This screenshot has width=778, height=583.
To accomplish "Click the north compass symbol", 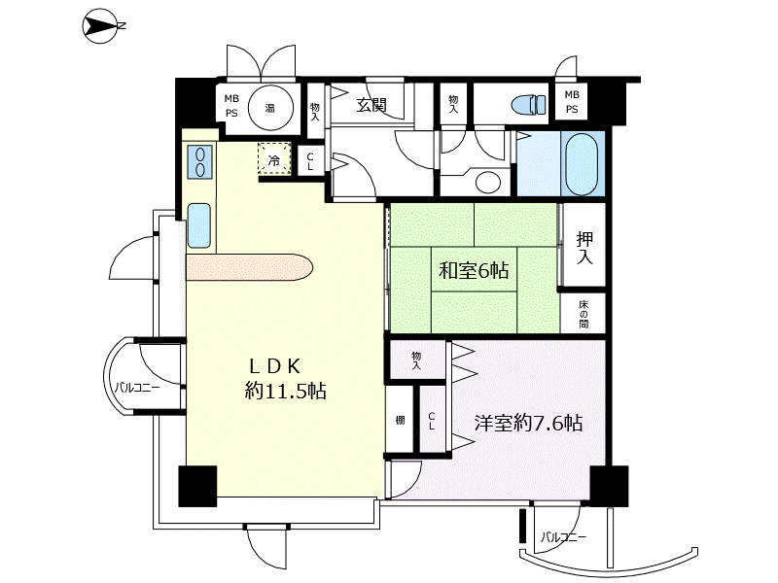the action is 103,26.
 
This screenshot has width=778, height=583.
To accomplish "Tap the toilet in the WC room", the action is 529,105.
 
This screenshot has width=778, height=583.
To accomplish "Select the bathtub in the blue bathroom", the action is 582,164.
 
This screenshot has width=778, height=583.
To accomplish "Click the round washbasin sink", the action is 488,182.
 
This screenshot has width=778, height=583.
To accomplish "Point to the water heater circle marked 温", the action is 270,107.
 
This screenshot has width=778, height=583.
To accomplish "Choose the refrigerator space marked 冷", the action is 274,158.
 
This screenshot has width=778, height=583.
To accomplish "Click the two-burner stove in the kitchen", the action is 200,161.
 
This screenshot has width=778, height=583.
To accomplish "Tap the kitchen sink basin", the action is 199,225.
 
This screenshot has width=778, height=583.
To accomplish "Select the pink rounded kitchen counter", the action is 250,267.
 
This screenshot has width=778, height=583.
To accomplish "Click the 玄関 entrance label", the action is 371,105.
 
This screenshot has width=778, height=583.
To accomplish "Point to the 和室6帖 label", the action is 474,271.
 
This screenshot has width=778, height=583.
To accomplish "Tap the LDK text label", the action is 275,366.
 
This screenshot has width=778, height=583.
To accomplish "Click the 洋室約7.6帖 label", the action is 528,423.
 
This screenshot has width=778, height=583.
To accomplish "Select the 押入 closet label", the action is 585,248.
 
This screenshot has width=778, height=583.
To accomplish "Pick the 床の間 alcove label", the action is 583,314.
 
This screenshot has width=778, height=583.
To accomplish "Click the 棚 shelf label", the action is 400,421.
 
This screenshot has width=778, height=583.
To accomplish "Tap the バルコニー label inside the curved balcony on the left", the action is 137,387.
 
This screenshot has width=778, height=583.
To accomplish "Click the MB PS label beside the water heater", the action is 231,106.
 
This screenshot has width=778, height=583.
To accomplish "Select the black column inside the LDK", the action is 197,486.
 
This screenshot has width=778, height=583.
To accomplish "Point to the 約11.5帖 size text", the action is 286,392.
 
